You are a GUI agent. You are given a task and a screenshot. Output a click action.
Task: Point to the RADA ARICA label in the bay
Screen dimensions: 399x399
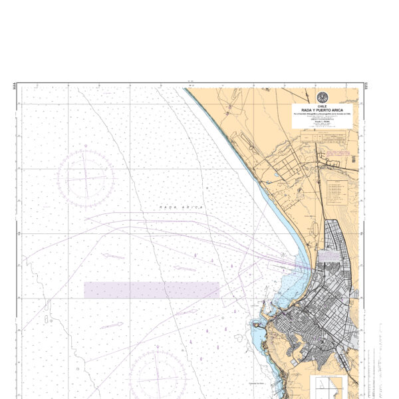(182, 208)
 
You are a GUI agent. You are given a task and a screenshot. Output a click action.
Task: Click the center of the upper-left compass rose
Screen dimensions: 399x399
(85, 178)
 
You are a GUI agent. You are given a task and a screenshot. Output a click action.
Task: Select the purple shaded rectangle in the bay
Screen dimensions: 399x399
(152, 290)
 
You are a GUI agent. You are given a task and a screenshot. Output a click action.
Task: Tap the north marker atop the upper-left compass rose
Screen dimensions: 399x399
(85, 152)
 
